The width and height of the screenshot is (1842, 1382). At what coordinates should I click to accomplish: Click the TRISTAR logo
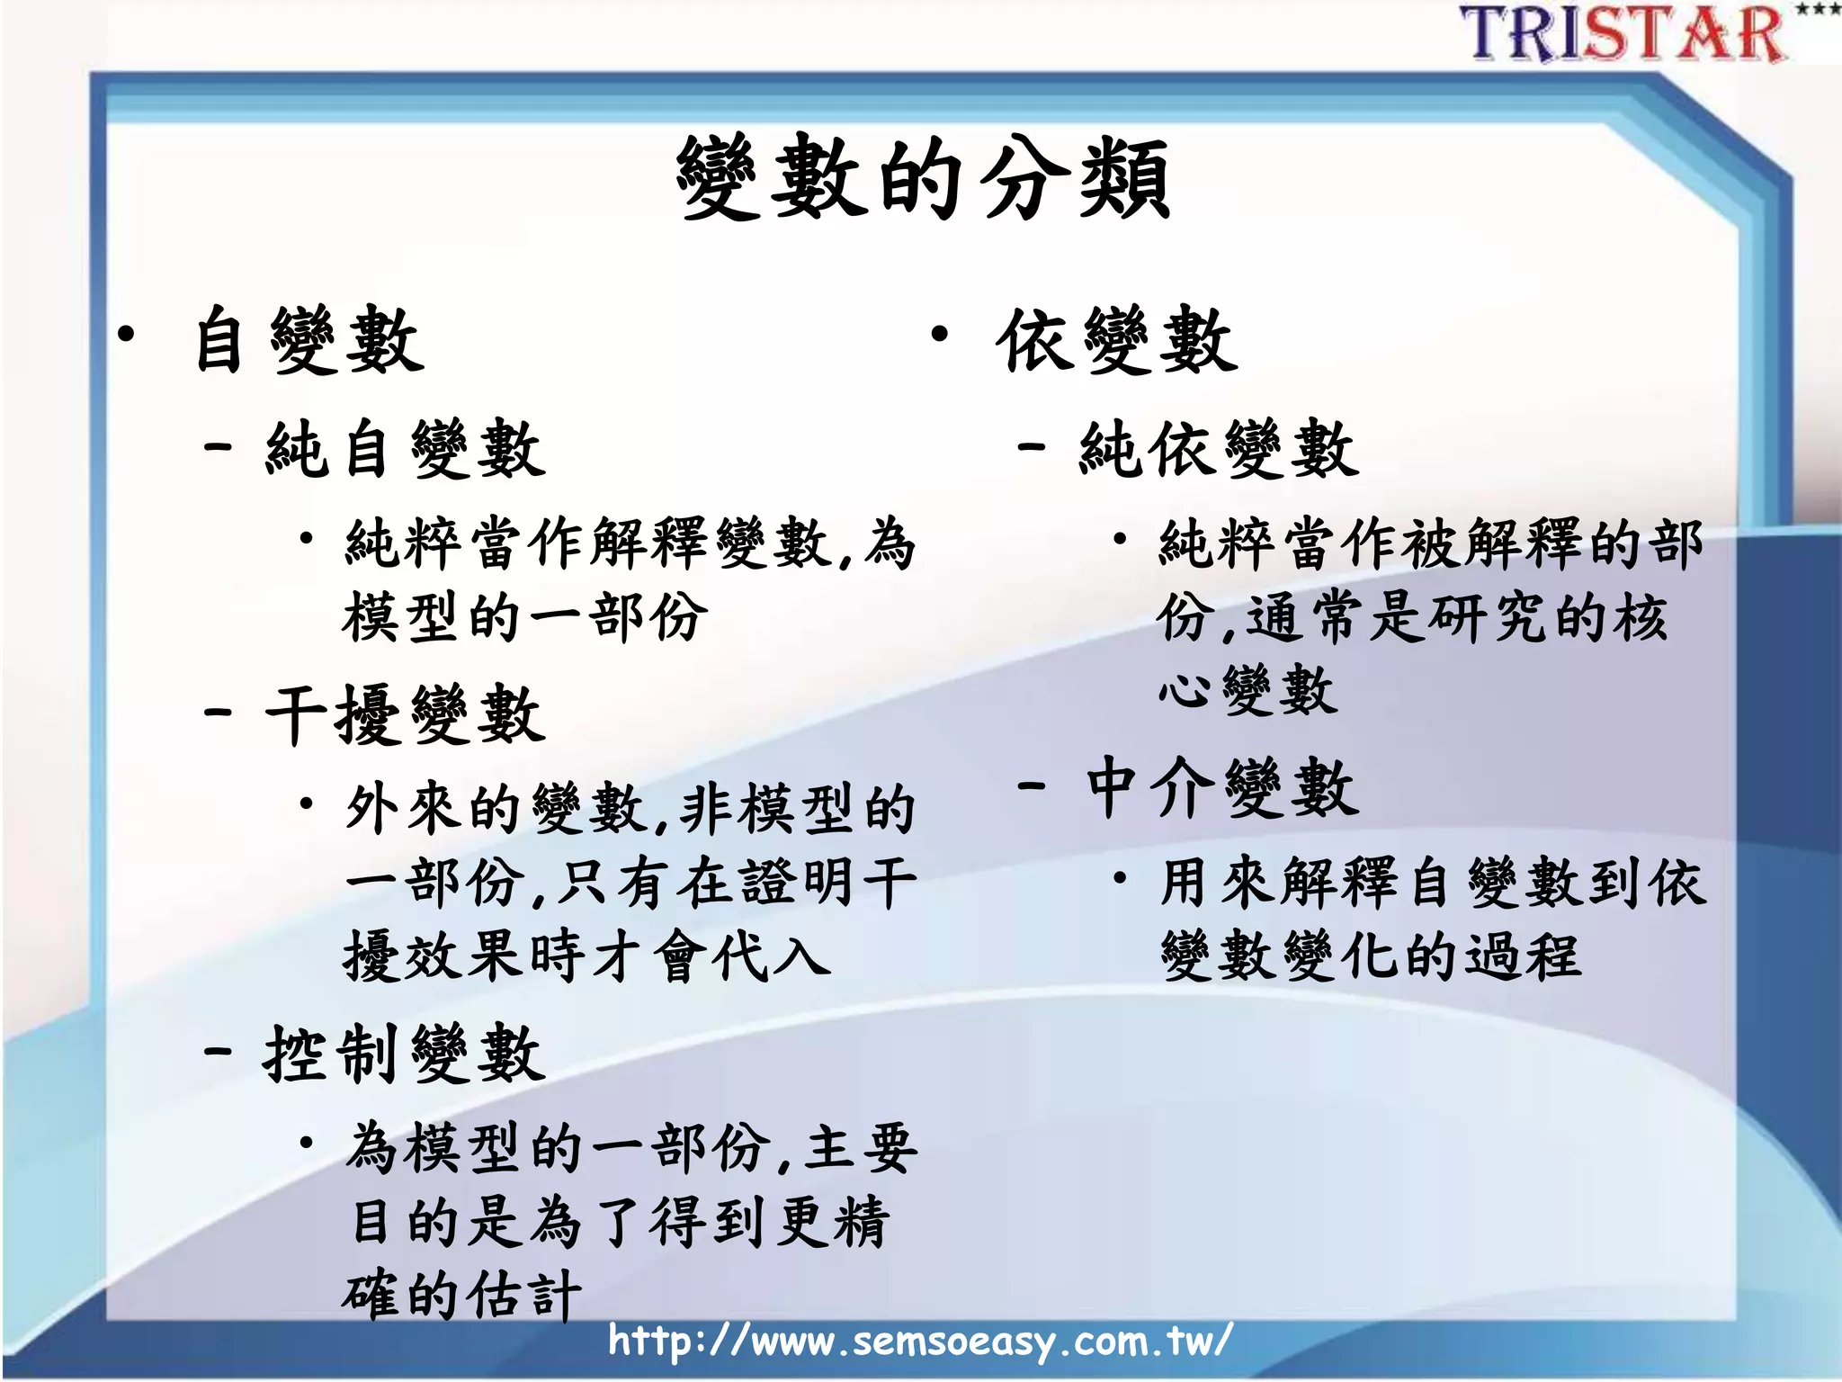[x=1623, y=34]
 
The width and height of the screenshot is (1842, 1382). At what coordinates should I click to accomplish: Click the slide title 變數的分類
[x=923, y=178]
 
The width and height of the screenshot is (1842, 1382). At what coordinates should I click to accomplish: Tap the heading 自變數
[x=309, y=340]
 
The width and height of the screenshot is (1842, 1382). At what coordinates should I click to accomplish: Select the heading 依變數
[x=1117, y=340]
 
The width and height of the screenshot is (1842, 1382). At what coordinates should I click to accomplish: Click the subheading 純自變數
[x=406, y=448]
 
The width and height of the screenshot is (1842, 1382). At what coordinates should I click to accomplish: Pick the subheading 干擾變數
[x=406, y=714]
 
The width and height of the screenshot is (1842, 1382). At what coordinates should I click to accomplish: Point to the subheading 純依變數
[x=1219, y=448]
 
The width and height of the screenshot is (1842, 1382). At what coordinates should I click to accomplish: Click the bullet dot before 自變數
[x=126, y=336]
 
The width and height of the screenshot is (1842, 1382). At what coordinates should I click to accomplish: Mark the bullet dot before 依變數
[x=940, y=336]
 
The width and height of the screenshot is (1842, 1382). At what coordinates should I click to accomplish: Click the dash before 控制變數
[x=218, y=1050]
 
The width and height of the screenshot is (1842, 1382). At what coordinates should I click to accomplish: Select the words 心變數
[x=1247, y=691]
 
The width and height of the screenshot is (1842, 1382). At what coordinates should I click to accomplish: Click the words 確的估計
[x=461, y=1296]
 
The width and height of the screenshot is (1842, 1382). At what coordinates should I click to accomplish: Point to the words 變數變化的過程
[x=1370, y=956]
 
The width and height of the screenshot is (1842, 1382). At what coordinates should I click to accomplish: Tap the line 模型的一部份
[x=524, y=618]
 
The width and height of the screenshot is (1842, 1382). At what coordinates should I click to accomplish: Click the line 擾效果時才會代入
[x=586, y=956]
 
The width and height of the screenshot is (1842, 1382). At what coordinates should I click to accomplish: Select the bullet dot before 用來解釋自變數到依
[x=1120, y=876]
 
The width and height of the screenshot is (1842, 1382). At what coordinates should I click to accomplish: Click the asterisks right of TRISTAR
[x=1817, y=10]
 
